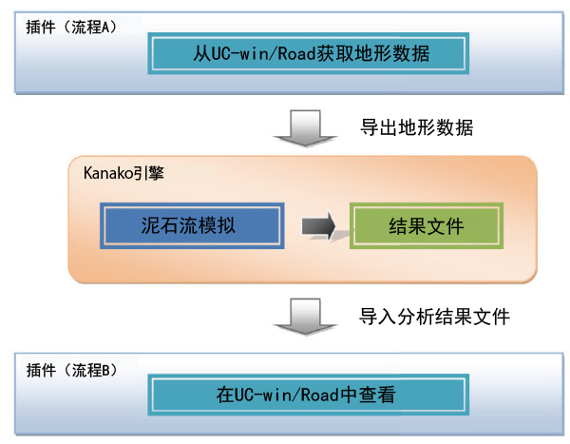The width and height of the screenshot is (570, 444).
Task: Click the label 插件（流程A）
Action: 71,28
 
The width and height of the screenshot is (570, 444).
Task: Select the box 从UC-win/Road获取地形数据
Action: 308,53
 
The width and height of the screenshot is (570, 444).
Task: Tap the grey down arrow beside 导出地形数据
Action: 305,128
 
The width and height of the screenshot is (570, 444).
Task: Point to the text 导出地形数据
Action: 417,127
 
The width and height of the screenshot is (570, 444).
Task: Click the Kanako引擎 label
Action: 123,173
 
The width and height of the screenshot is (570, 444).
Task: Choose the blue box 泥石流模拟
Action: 192,226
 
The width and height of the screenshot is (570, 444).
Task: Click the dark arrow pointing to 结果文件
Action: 318,226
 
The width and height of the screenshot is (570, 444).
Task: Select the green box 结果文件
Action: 427,226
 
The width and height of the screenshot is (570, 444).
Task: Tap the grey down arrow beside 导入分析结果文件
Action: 305,317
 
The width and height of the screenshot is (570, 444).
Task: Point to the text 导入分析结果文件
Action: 434,317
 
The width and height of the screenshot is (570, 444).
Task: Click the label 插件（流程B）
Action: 71,371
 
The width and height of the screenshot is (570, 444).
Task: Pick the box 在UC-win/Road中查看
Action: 308,395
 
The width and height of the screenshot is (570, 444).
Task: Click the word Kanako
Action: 108,173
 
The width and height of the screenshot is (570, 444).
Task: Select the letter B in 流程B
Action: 105,371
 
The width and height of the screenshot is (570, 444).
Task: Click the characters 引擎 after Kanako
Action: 149,173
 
